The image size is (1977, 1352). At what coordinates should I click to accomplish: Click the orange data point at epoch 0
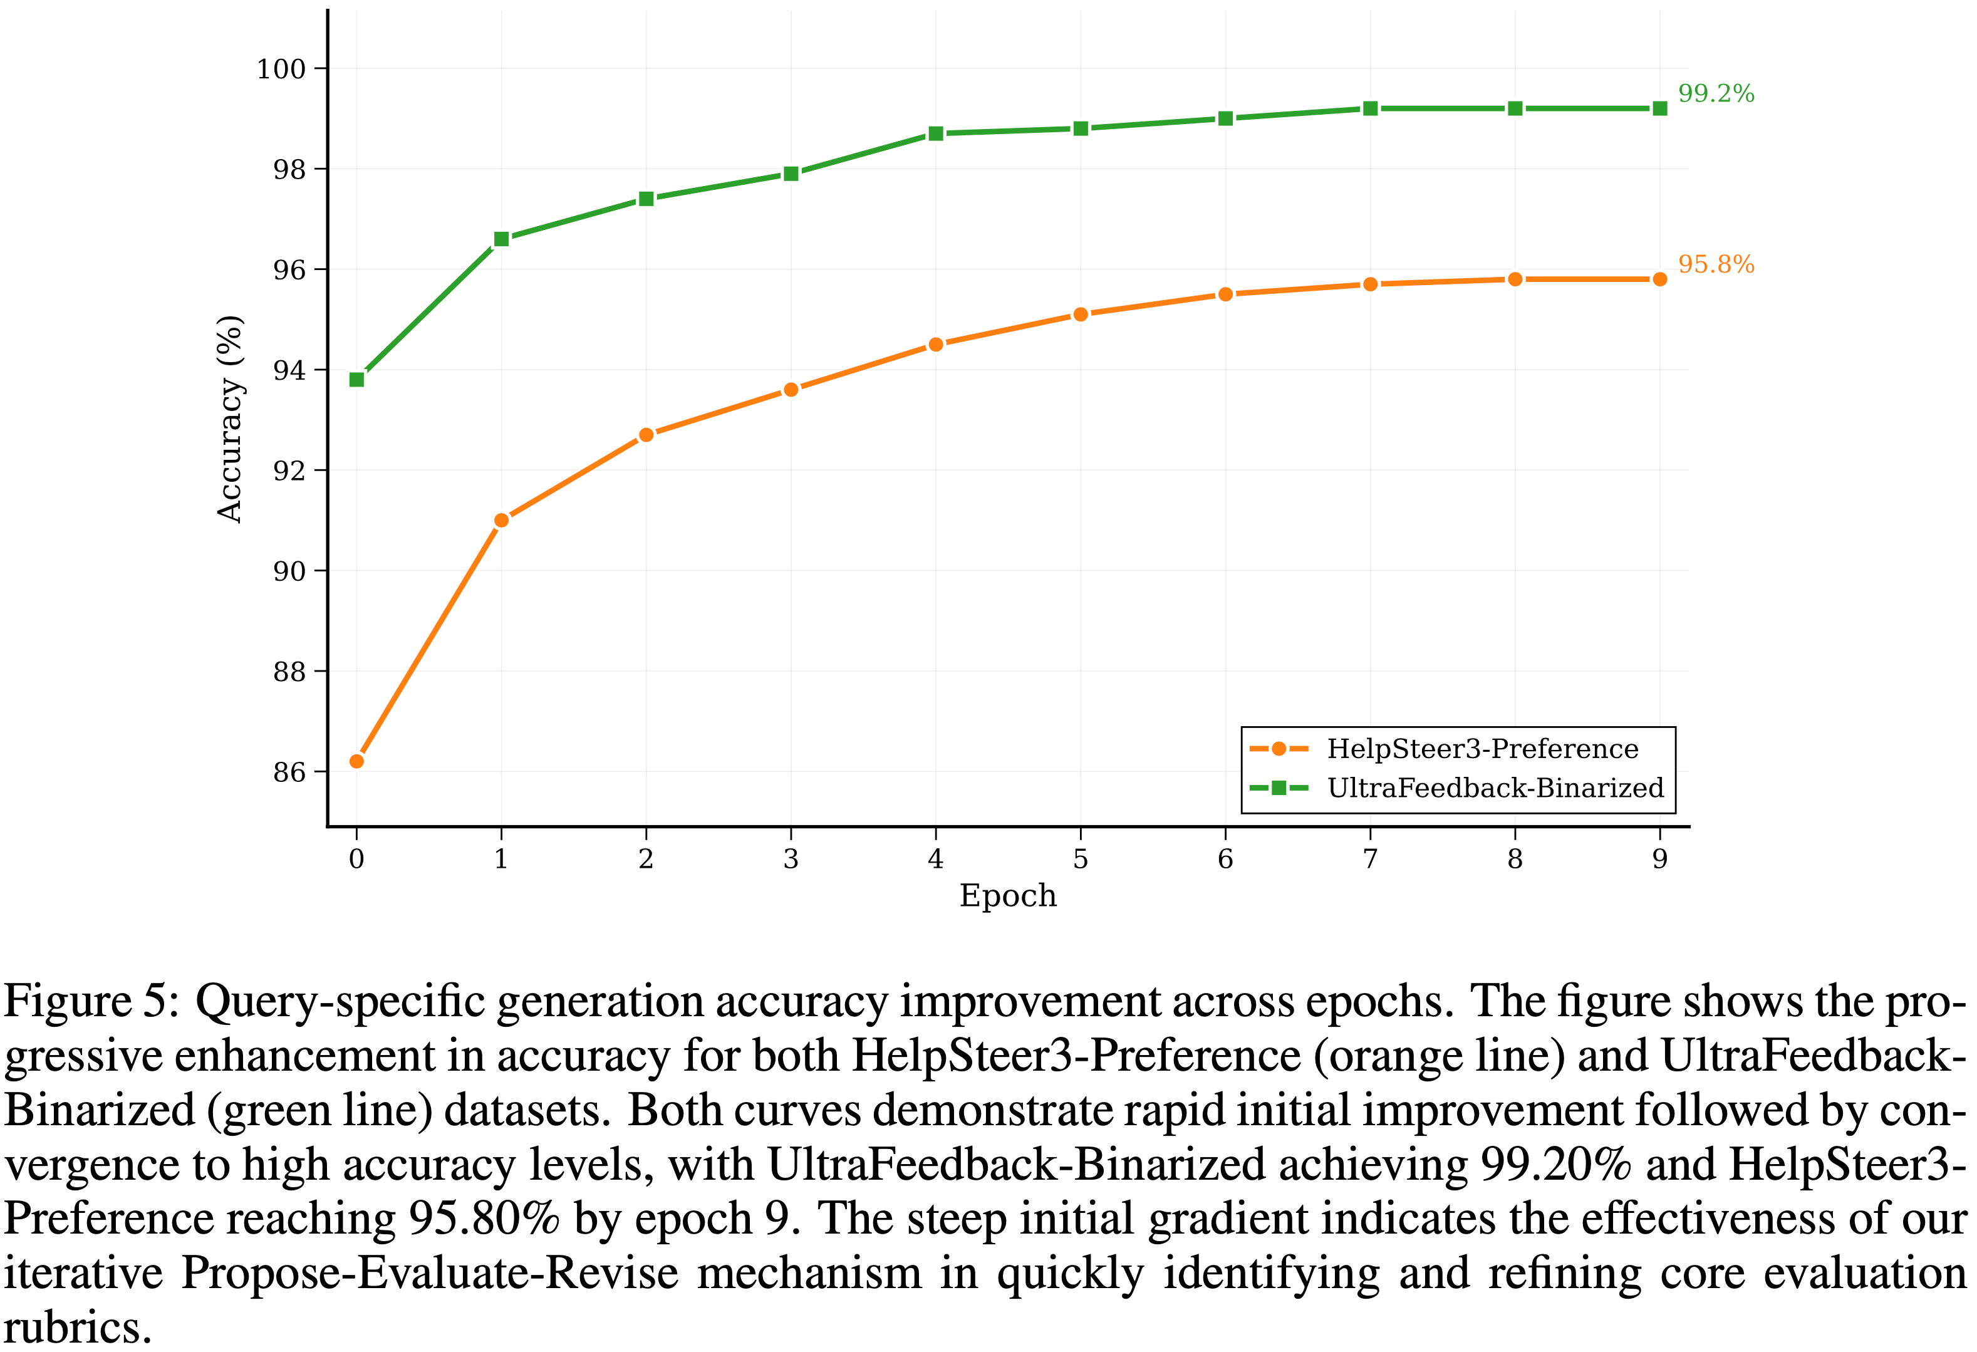pyautogui.click(x=356, y=761)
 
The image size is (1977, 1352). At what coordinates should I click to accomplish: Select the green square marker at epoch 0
pyautogui.click(x=356, y=380)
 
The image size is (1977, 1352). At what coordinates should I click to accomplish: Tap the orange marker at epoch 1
pyautogui.click(x=501, y=520)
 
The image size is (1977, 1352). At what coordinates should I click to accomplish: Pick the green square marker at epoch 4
pyautogui.click(x=936, y=133)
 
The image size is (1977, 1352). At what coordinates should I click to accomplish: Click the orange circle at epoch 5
pyautogui.click(x=1081, y=314)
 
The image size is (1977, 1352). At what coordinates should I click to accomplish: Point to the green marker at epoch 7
pyautogui.click(x=1369, y=109)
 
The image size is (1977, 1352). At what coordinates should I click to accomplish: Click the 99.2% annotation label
pyautogui.click(x=1715, y=93)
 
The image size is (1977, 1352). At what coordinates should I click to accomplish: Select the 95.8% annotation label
pyautogui.click(x=1715, y=264)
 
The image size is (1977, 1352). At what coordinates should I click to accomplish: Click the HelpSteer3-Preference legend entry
pyautogui.click(x=1482, y=749)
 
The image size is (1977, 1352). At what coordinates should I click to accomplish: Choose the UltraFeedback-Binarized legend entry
pyautogui.click(x=1495, y=788)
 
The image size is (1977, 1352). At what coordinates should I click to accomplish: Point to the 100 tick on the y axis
pyautogui.click(x=281, y=69)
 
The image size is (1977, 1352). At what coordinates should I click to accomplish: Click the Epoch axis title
pyautogui.click(x=1008, y=896)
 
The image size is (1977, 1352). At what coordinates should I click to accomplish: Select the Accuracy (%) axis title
pyautogui.click(x=230, y=419)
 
